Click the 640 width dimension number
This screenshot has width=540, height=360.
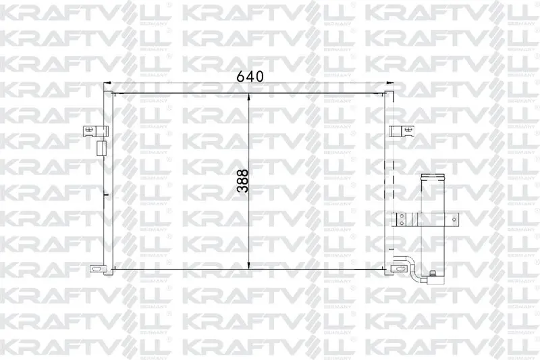point(250,76)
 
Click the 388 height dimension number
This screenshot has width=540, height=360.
point(242,180)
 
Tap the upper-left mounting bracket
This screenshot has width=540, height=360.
point(95,131)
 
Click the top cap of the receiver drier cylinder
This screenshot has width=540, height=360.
point(433,178)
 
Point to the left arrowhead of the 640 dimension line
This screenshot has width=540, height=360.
point(107,82)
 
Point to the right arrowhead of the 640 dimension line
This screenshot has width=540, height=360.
point(390,82)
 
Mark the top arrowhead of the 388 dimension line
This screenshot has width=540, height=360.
point(249,97)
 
